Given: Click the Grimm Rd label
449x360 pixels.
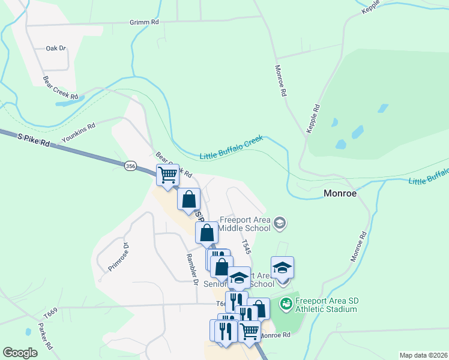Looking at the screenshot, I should (x=144, y=22).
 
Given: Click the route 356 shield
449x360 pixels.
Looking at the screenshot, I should (x=131, y=166).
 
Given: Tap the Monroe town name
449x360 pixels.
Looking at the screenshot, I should (x=340, y=194).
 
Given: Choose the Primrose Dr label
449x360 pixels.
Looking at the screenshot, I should (x=118, y=257).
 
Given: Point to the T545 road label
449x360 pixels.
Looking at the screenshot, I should (x=245, y=246).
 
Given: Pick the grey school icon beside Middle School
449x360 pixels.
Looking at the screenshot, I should (x=279, y=224).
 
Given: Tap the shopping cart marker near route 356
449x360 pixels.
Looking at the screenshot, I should (x=168, y=175).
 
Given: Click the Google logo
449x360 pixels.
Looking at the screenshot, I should (x=20, y=353).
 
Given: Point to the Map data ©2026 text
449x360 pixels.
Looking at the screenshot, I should (x=423, y=355).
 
